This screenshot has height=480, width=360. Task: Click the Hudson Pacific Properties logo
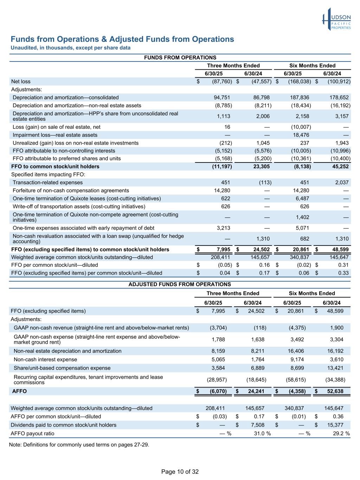[336, 19]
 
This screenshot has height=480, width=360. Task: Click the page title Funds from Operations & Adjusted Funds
[122, 39]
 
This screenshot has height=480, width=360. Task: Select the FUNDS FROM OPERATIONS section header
[180, 58]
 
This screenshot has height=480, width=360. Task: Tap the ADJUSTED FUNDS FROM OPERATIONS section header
[180, 284]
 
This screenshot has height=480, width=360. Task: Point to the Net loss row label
[21, 82]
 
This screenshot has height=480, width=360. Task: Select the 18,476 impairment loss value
[302, 135]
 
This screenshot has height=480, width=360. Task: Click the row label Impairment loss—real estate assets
[55, 135]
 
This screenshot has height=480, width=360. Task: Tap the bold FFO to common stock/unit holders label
[55, 166]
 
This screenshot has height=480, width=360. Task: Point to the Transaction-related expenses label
[47, 183]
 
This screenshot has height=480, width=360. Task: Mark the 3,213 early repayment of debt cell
[223, 228]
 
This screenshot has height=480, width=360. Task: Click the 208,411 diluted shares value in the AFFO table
[215, 408]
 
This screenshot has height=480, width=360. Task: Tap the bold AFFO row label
[19, 391]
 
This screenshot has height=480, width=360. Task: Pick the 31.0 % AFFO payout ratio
[262, 433]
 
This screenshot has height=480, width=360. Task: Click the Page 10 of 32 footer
[180, 472]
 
